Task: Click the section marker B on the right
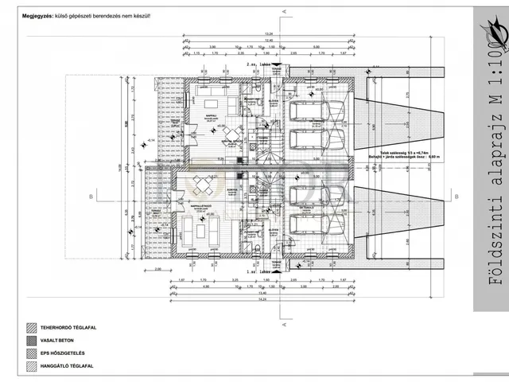pos(455,195)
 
